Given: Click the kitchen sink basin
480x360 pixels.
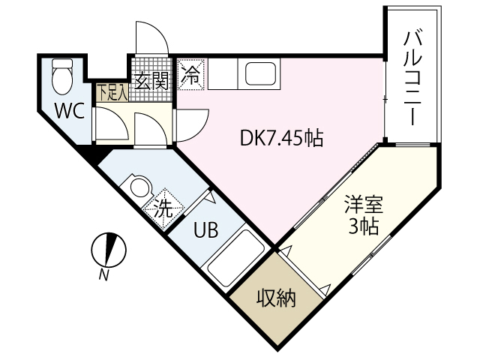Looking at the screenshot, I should pyautogui.click(x=261, y=74).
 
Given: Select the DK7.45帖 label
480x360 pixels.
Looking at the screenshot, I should pyautogui.click(x=281, y=138).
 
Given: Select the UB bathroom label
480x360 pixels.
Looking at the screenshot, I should pyautogui.click(x=206, y=230).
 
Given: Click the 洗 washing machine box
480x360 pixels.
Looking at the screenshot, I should pyautogui.click(x=162, y=206).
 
